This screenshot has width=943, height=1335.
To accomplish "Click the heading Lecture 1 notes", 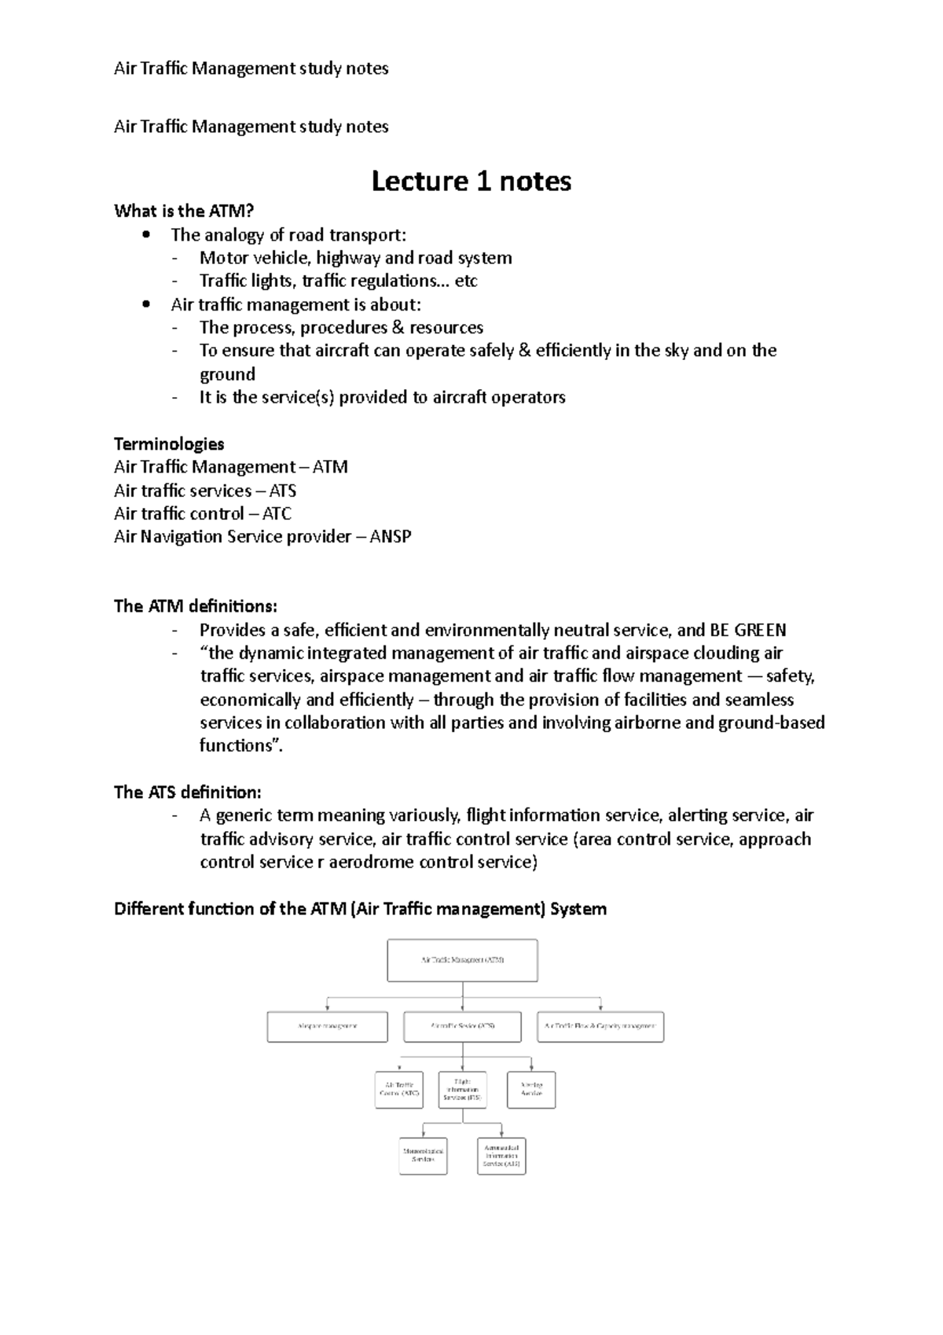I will pyautogui.click(x=471, y=182).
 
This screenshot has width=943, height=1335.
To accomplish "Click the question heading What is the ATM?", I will pyautogui.click(x=184, y=211).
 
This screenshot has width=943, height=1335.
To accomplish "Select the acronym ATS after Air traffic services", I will pyautogui.click(x=282, y=491).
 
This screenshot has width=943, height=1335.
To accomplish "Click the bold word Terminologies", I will pyautogui.click(x=169, y=443).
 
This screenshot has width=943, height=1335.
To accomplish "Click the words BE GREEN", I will pyautogui.click(x=747, y=630).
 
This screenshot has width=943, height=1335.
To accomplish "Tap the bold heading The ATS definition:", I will pyautogui.click(x=187, y=793).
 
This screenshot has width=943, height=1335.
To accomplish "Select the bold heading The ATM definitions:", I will pyautogui.click(x=196, y=606).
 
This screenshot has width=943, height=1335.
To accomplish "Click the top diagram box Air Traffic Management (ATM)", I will pyautogui.click(x=462, y=960).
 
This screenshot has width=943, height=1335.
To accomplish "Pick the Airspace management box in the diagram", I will pyautogui.click(x=327, y=1027).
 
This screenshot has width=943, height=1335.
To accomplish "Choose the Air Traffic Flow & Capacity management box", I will pyautogui.click(x=600, y=1027).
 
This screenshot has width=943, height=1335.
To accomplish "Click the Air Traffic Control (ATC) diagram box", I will pyautogui.click(x=399, y=1090).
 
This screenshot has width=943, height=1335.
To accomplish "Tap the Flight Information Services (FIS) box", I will pyautogui.click(x=462, y=1090).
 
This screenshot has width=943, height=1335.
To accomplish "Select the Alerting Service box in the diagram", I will pyautogui.click(x=531, y=1090).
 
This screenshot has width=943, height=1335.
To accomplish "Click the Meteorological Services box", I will pyautogui.click(x=423, y=1156).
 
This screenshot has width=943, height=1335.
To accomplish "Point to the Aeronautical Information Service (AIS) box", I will pyautogui.click(x=501, y=1156).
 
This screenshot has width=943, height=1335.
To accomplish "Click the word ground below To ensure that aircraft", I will pyautogui.click(x=227, y=374).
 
